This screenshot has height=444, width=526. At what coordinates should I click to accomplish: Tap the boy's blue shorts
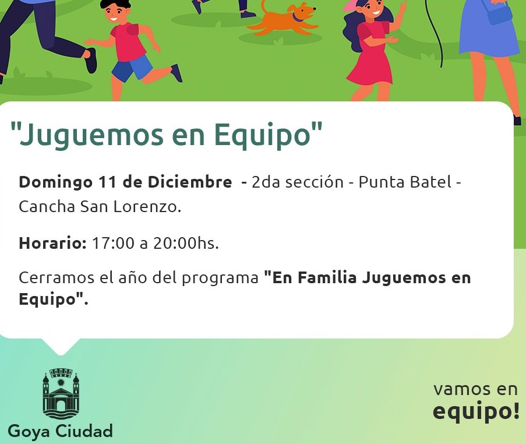pos(132,68)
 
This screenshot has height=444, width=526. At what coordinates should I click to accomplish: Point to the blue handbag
pos(498,13)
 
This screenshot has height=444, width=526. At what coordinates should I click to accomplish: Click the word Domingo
pos(56,183)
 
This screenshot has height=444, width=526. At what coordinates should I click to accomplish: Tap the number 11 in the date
pos(107,182)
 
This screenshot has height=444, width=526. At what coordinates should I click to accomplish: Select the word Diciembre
pos(190,182)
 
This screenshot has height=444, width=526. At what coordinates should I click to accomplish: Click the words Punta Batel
pos(405,182)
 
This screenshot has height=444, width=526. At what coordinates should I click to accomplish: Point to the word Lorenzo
pos(147,206)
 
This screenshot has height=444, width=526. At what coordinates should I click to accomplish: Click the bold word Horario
pos(52,243)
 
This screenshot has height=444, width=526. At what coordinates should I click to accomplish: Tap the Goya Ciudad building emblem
pos(61,393)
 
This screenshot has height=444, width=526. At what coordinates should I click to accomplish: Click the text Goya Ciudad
pos(60,431)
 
